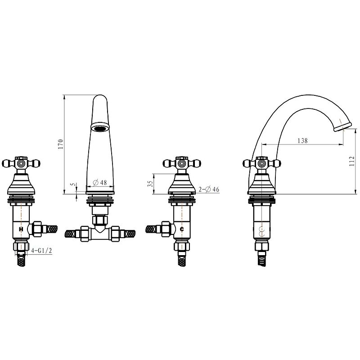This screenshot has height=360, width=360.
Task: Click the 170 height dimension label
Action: coord(60,144)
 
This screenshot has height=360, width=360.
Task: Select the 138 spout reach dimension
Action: coord(302,140)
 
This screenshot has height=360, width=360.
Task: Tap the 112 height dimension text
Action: coord(352,162)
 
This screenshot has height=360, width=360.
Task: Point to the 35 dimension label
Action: coord(150,184)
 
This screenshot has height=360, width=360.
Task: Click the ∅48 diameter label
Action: coord(100,183)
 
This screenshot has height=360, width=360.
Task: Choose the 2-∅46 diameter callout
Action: coord(209,189)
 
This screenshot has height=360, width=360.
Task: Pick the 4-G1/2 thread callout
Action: coord(41,251)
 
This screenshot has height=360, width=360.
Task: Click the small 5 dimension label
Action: coord(73,184)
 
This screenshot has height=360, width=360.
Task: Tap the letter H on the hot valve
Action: coord(21,229)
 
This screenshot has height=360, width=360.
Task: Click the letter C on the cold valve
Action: coord(182,229)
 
